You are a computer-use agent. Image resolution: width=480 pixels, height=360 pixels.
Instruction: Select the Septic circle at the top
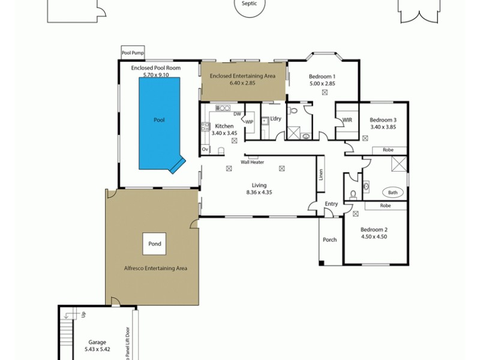[249, 4]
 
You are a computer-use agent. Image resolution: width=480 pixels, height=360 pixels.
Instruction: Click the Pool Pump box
[133, 53]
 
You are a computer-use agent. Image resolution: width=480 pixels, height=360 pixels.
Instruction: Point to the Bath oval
[393, 193]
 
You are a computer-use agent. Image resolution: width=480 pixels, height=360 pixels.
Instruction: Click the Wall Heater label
[253, 162]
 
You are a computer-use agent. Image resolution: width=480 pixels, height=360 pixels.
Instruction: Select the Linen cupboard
[321, 174]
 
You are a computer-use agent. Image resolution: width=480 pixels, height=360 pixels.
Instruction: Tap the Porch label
[329, 239]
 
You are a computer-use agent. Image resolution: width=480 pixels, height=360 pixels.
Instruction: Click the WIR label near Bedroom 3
[347, 120]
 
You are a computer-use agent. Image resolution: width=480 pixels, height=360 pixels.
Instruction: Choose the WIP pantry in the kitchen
[249, 121]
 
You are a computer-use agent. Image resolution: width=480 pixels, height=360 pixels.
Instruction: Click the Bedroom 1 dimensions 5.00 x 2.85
[322, 83]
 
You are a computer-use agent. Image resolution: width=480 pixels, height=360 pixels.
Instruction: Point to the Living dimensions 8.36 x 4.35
[259, 192]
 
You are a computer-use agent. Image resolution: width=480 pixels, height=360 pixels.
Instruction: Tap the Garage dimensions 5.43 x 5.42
[96, 348]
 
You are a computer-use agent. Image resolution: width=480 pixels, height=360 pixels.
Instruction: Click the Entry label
[331, 204]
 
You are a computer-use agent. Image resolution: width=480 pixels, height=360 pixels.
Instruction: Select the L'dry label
[275, 119]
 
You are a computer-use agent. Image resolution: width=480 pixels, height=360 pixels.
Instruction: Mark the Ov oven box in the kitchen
[205, 149]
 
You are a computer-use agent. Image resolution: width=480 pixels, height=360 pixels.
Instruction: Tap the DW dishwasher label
[237, 113]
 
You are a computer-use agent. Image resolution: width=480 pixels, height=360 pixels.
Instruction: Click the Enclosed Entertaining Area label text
[244, 76]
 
